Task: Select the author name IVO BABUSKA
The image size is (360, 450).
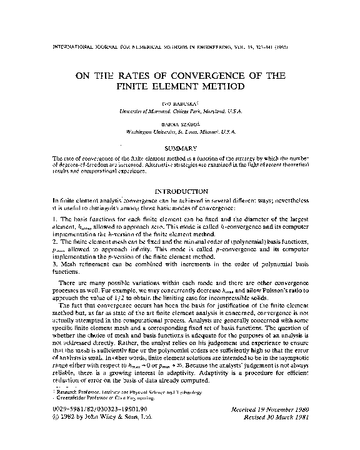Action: [180, 102]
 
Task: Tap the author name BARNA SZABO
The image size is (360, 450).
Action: [180, 124]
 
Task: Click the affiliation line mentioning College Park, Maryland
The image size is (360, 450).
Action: [180, 110]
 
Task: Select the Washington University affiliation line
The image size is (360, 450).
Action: [180, 132]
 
